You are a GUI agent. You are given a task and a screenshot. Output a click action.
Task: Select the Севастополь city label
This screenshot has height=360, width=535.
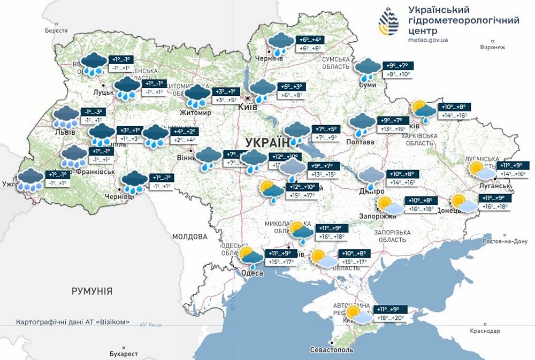332,350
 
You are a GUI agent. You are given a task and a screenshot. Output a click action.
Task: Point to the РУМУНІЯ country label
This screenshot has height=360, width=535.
92,291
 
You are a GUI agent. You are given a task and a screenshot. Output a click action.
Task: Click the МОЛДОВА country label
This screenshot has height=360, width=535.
189,236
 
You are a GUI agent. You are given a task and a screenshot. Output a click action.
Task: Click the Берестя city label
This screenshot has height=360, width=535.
57,31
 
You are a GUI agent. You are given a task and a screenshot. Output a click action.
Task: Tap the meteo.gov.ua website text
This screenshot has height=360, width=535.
428,40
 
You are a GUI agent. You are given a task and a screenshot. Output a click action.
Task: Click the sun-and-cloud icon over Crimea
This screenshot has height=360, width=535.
358,315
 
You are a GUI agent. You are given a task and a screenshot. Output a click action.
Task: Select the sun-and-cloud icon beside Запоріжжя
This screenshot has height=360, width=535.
388,205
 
